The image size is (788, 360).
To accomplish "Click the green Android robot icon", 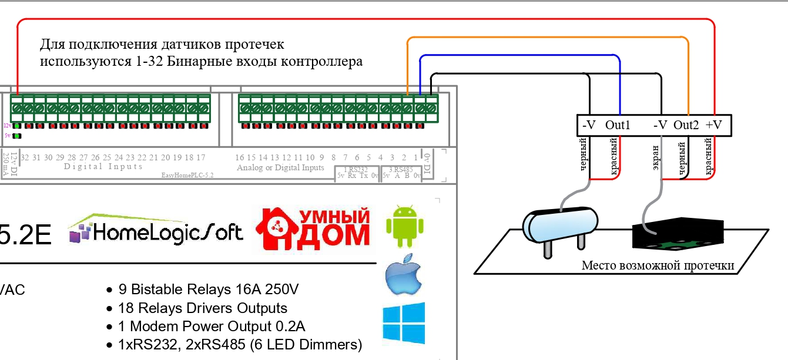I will (x=403, y=226).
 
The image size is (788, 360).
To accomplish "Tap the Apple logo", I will (x=404, y=275).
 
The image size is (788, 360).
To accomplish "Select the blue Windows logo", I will (x=404, y=323).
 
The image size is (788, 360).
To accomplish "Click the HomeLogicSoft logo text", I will (x=156, y=231).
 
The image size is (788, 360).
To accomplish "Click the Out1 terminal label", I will (x=618, y=125).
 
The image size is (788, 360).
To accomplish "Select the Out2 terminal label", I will (x=686, y=125).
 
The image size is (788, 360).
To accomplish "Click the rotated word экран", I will (x=655, y=158).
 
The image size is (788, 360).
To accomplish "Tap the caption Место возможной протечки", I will (x=658, y=265).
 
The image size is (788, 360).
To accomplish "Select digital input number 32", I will (x=25, y=157).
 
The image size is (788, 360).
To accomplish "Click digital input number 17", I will (x=200, y=157).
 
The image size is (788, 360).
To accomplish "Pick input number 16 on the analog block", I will (x=239, y=157).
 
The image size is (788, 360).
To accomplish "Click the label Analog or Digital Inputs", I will (x=280, y=168).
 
